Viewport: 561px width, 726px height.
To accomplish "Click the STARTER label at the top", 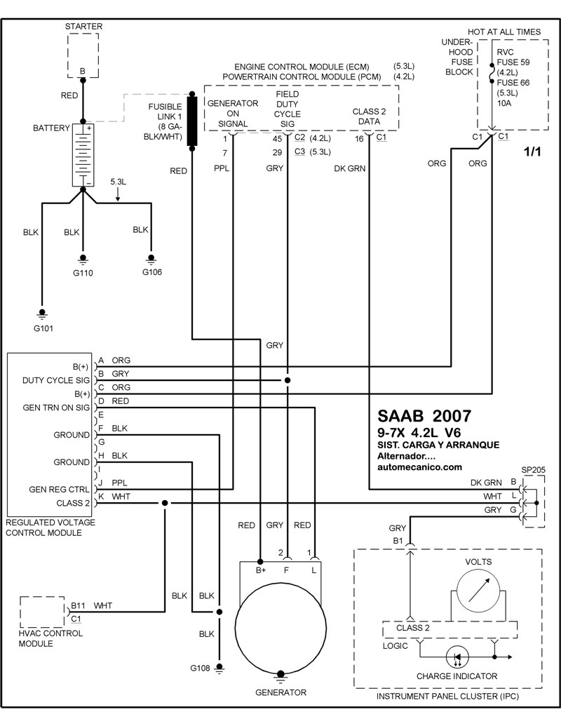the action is pos(83,27).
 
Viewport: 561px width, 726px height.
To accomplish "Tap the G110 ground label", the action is pos(83,273).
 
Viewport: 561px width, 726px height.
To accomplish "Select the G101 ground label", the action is pos(43,328).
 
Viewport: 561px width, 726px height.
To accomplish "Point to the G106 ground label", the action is pos(152,271).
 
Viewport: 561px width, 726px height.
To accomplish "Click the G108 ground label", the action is pos(200,668).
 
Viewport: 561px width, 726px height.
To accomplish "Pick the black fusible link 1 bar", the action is pos(191,121).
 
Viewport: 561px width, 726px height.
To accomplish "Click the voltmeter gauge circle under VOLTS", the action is pos(479,592).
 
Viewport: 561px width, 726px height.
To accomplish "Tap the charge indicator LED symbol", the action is pos(457,657).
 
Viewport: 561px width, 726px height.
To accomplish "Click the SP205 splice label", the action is pos(533,469).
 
